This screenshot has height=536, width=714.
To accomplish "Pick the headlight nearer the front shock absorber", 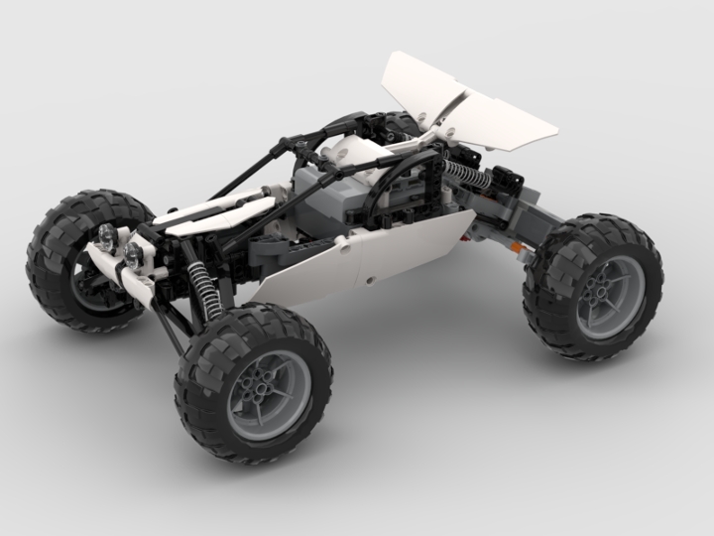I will (132, 253).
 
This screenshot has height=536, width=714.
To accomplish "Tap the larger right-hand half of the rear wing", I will (506, 115).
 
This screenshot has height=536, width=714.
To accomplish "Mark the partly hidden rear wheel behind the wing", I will (397, 124).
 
